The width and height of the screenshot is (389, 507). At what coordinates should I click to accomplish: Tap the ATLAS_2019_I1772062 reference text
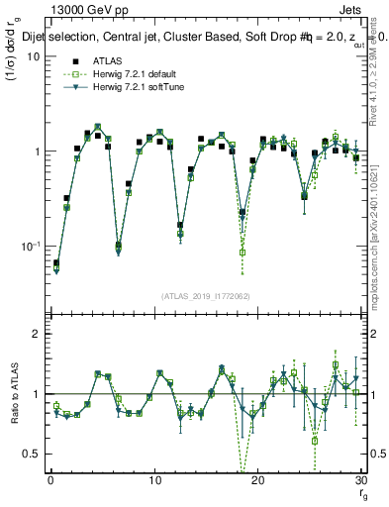pos(205,296)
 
